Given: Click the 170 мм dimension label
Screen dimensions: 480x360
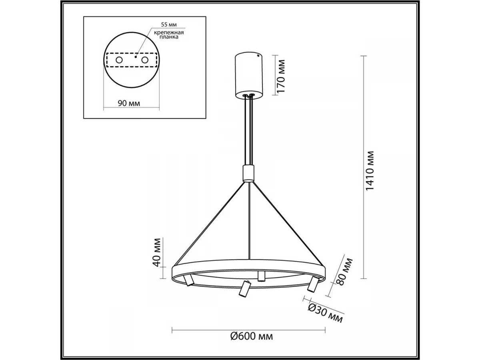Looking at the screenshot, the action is pos(281,76).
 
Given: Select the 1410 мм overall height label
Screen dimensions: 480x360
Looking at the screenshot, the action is pos(370,170).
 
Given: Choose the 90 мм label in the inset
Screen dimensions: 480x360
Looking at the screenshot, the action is pos(129,103).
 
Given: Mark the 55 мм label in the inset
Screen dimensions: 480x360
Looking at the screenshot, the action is pos(169,24).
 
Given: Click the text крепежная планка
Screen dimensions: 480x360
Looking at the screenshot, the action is pos(169,35).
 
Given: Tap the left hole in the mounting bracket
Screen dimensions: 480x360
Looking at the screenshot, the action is pos(119,60).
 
